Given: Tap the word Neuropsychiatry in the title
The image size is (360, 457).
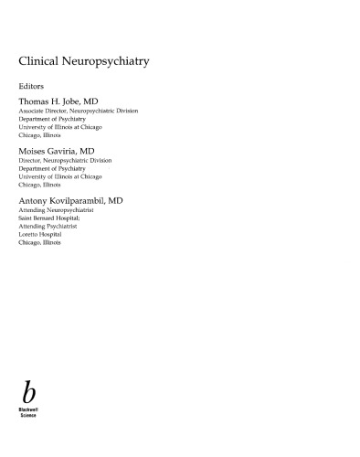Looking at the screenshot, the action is tap(108, 64).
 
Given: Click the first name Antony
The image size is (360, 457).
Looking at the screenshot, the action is tap(36, 199).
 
